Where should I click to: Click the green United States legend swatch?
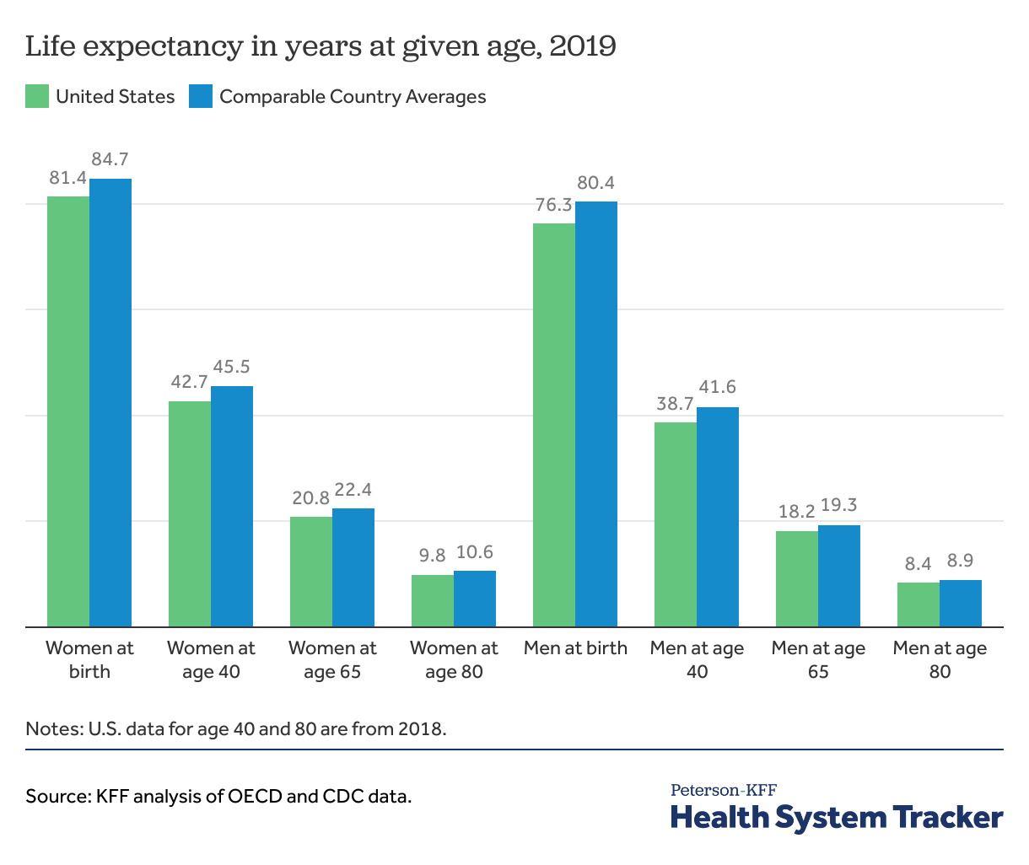pos(37,96)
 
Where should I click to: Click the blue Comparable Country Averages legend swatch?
pos(201,96)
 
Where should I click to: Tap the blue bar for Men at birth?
pos(596,414)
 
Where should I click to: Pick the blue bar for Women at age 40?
pos(232,506)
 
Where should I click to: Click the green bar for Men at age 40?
pos(676,524)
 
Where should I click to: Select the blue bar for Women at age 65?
pos(353,567)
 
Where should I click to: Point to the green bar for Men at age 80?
pos(919,604)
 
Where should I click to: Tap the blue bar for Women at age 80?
pos(475,599)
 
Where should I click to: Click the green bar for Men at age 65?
pos(797,578)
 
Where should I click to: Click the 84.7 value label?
pos(110,159)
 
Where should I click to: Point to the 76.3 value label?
pos(553,205)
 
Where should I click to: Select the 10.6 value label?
pos(475,553)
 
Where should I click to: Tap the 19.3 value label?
pos(839,506)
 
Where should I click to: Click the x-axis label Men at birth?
pos(575,648)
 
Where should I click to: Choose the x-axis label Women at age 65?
pos(332,659)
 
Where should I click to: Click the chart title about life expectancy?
pos(321,46)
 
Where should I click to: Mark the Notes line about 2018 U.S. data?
pos(236,728)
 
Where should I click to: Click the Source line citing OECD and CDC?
pos(218,796)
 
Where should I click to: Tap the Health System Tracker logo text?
pos(837,817)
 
